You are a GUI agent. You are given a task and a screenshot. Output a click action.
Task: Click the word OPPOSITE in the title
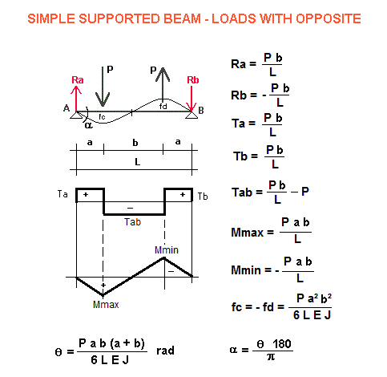(x=329, y=18)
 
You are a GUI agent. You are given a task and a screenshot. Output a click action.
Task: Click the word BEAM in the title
(x=182, y=18)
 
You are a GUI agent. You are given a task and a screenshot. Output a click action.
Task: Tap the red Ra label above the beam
(x=78, y=80)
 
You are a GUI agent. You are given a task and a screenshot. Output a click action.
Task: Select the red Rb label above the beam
(x=193, y=80)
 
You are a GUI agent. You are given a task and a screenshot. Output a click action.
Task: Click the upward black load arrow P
(x=163, y=83)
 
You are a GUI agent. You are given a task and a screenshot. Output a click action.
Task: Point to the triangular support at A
(x=76, y=115)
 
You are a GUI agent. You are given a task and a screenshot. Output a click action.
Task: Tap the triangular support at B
(x=191, y=115)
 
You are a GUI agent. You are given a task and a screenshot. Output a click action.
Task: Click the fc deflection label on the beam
(x=102, y=117)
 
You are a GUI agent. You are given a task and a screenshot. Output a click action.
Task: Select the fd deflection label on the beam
(x=163, y=107)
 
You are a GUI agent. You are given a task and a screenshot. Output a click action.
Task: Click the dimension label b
(x=135, y=143)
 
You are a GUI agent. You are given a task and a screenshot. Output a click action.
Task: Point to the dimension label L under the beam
(x=137, y=162)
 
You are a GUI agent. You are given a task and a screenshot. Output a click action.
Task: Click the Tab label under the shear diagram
(x=132, y=222)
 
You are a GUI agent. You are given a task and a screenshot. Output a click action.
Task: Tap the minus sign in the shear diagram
(x=130, y=208)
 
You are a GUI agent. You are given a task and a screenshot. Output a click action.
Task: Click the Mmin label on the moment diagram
(x=167, y=250)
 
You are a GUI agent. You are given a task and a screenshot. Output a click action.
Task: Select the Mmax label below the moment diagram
(x=106, y=304)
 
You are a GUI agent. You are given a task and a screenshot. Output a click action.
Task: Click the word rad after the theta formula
(x=165, y=351)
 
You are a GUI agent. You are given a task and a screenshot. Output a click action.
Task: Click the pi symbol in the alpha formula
(x=271, y=357)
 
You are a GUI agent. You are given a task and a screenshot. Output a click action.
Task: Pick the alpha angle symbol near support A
(x=88, y=125)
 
